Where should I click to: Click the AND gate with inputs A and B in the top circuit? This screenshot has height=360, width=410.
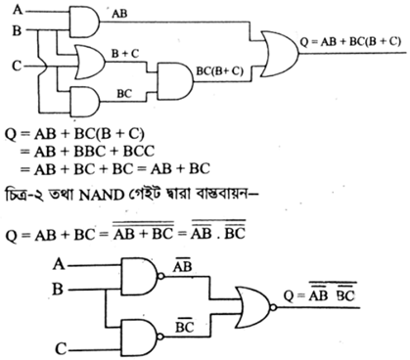point(84,22)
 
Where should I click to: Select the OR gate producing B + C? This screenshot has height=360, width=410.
point(90,62)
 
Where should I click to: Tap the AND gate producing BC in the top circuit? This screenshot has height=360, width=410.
point(85,102)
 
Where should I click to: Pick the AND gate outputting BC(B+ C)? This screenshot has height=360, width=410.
point(175,81)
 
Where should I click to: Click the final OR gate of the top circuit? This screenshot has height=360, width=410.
point(280,54)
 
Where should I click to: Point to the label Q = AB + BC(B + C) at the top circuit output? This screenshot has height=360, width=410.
point(350,42)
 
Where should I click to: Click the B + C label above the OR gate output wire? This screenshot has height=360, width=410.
point(125,54)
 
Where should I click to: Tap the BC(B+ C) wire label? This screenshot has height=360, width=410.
point(219,71)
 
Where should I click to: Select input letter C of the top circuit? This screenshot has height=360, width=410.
point(17,66)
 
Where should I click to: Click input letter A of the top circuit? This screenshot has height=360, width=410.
point(18,10)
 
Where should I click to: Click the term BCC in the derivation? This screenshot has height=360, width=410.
point(138,152)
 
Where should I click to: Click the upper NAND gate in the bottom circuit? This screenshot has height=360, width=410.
point(139,277)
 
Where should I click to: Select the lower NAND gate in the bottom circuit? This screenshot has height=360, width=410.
point(139,337)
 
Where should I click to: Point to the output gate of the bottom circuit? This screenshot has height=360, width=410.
point(254,307)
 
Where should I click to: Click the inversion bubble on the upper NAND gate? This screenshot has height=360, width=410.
point(160,277)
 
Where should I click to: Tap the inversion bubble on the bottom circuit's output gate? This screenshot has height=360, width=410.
point(273,307)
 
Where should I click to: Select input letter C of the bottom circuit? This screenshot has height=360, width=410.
point(62,349)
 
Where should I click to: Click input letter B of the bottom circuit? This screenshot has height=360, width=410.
point(58,289)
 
